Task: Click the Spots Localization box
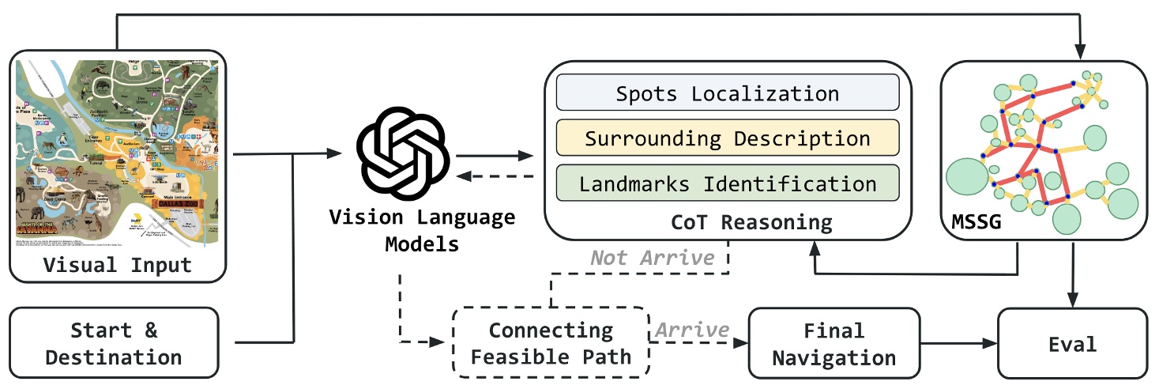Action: point(727,93)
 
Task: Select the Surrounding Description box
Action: point(727,138)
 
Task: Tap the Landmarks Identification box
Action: point(727,183)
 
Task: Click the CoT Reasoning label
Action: point(751,221)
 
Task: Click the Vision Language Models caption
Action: point(422,230)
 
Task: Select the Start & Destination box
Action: point(114,342)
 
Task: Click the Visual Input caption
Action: point(117,265)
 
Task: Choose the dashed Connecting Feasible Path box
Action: point(551,343)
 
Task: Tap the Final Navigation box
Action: point(834,343)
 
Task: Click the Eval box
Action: point(1072,343)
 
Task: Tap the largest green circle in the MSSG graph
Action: point(968,179)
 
